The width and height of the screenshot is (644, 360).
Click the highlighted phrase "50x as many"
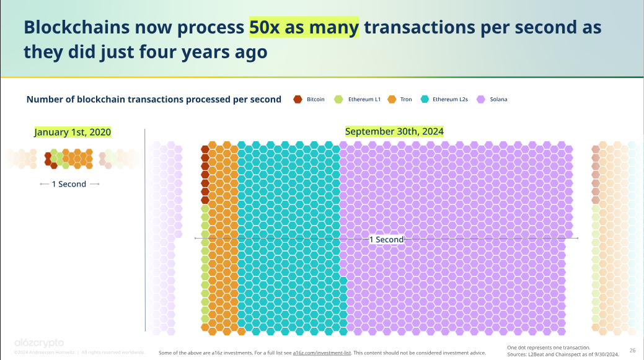tap(304, 28)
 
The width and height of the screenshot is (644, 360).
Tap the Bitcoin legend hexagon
tap(298, 99)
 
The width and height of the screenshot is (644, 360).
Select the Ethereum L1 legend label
tap(364, 99)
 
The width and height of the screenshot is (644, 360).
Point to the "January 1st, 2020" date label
tap(73, 132)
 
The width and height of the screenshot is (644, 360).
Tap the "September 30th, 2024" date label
tap(394, 131)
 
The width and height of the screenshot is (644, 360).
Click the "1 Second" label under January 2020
tap(68, 184)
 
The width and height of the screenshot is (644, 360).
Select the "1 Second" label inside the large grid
tap(386, 239)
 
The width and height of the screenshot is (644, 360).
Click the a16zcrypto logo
tap(38, 343)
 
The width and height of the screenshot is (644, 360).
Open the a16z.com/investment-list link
tap(322, 353)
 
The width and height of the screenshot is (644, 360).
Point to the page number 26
tap(632, 350)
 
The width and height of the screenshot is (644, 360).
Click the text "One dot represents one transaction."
tap(548, 347)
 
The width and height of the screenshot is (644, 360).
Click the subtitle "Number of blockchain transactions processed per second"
tap(154, 99)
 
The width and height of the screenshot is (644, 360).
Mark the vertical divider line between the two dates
tap(145, 229)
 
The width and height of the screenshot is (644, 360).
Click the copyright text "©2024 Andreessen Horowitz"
tap(42, 353)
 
